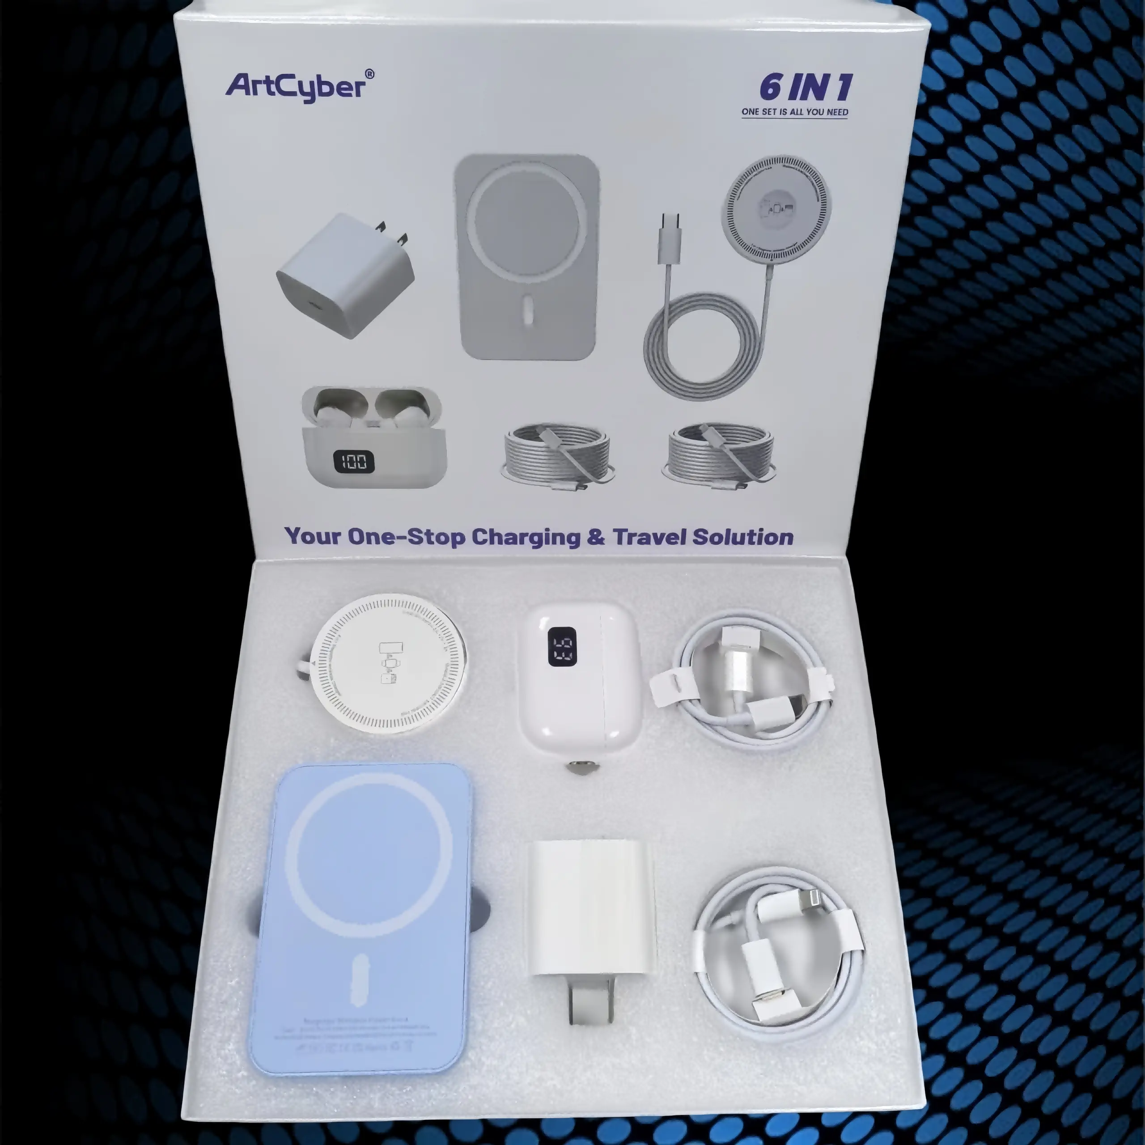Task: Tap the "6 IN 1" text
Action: (x=806, y=88)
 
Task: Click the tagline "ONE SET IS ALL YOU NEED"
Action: (x=794, y=112)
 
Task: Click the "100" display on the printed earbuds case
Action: (x=353, y=461)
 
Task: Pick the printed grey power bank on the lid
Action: (x=526, y=257)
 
